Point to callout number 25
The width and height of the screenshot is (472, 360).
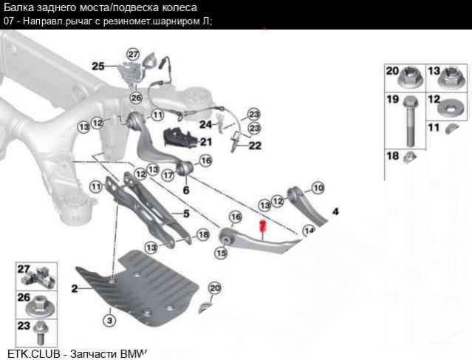98,66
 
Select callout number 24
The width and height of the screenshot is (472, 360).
205,123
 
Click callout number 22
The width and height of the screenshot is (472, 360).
255,146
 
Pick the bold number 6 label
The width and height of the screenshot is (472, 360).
185,190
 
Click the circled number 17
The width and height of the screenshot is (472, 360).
168,175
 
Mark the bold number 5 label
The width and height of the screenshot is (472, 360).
186,214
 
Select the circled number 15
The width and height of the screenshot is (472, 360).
220,253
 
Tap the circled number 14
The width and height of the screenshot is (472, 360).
309,231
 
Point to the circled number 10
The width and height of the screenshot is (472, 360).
318,189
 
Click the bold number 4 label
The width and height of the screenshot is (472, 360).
335,211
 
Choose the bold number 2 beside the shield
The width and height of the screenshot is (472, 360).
75,288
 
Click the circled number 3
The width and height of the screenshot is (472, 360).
109,321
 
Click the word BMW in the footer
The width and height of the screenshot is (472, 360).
130,353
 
